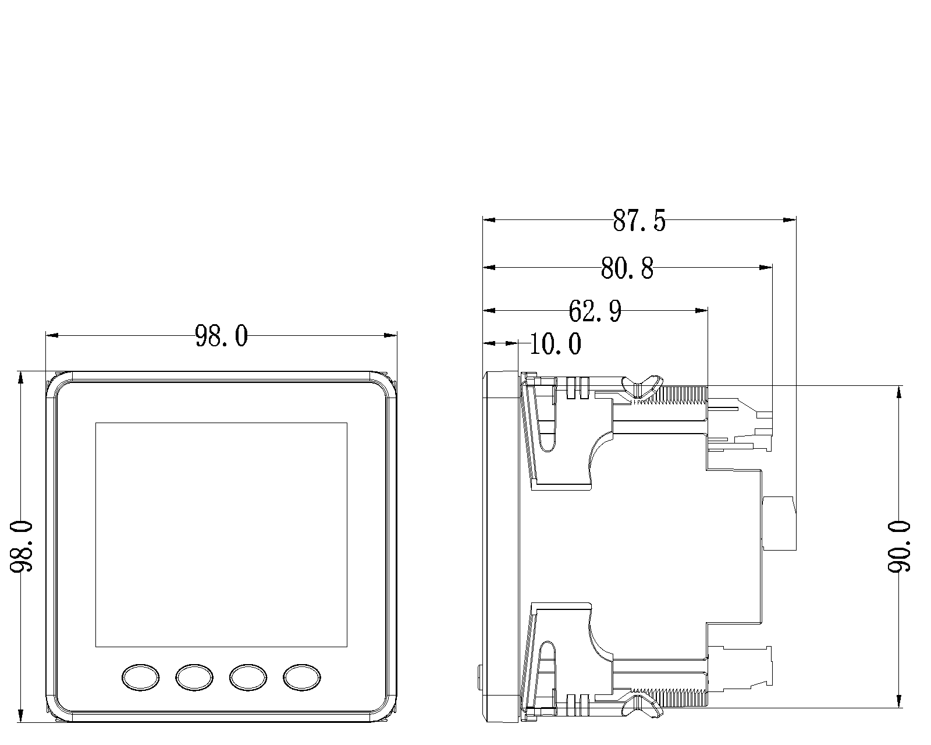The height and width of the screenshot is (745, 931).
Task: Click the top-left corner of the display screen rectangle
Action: (x=95, y=423)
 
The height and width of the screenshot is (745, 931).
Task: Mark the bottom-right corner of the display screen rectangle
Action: (x=347, y=647)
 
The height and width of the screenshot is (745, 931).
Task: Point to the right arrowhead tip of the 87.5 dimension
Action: (x=795, y=220)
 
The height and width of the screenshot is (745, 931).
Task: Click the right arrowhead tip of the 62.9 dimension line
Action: (x=708, y=310)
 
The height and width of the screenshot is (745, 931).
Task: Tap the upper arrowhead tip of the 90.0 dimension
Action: (x=899, y=386)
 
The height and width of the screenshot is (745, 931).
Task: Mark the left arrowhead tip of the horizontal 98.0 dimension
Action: (x=46, y=335)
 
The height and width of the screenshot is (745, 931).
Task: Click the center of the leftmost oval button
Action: (x=141, y=677)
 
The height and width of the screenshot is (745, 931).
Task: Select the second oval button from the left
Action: (x=194, y=677)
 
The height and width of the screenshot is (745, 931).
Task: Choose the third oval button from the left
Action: (x=248, y=677)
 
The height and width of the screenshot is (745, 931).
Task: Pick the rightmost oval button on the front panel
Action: (x=302, y=677)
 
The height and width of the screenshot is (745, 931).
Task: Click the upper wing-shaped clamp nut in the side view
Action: (x=642, y=386)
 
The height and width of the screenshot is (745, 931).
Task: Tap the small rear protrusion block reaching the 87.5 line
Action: (x=779, y=523)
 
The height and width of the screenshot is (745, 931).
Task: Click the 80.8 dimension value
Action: (x=627, y=268)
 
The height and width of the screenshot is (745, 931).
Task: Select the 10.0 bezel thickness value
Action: (x=556, y=344)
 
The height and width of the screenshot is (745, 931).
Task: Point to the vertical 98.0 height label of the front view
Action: (x=21, y=547)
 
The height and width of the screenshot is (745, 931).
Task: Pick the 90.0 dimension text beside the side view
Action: (x=899, y=547)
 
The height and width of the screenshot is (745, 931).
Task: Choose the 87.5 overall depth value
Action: (x=639, y=221)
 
